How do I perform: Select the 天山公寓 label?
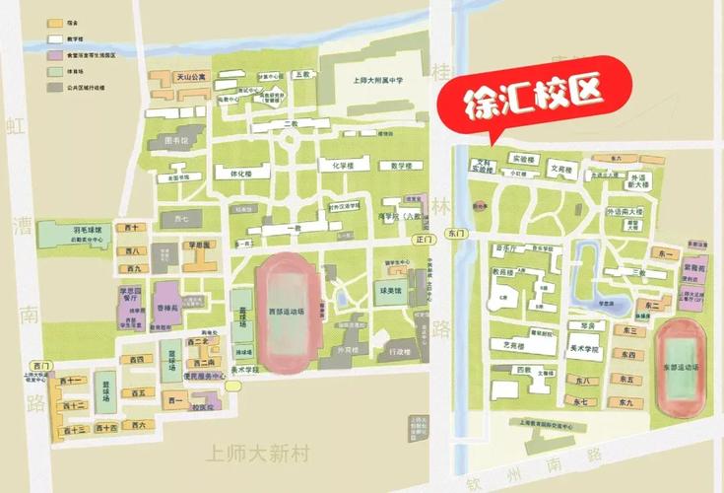[x=190, y=75]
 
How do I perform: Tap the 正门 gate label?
[x=425, y=239]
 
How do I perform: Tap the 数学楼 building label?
[x=400, y=166]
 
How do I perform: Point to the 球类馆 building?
[x=394, y=292]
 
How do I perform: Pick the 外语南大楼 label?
[x=625, y=212]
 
